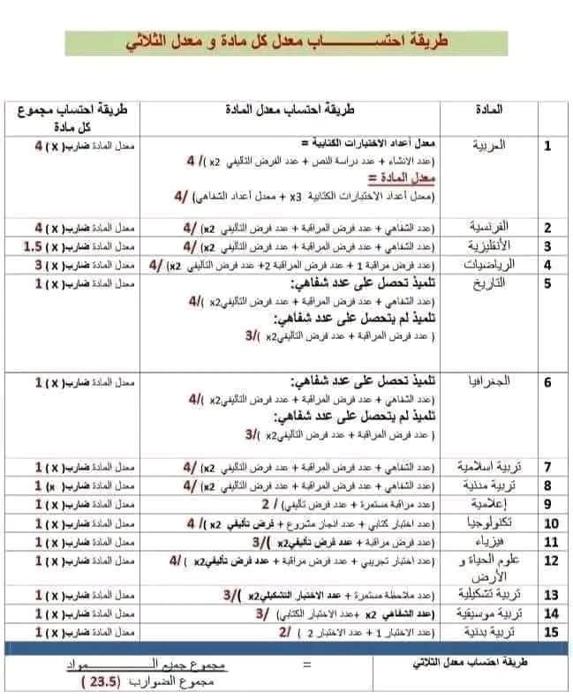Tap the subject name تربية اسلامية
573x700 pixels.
pyautogui.click(x=485, y=466)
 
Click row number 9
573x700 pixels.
pyautogui.click(x=547, y=504)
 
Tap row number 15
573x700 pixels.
pyautogui.click(x=547, y=632)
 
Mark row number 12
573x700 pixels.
pyautogui.click(x=547, y=561)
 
